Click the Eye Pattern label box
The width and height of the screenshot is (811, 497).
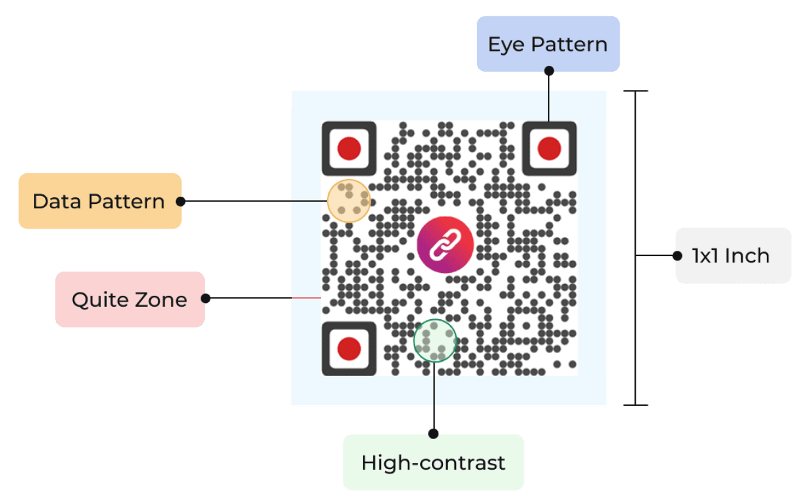tap(548, 44)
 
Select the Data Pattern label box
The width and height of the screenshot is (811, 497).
tap(99, 201)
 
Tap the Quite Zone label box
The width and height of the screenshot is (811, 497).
tap(130, 299)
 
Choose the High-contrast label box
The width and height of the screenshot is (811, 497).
tap(433, 462)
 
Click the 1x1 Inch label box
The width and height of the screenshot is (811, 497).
tap(733, 255)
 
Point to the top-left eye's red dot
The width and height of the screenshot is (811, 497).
tap(349, 149)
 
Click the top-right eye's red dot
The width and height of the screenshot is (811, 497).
tap(549, 149)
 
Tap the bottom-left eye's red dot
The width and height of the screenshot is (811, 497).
tap(349, 348)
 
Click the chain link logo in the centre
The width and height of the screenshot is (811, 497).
tap(445, 244)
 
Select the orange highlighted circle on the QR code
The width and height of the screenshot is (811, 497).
tap(349, 201)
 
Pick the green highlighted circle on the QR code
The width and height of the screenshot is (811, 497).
tap(435, 340)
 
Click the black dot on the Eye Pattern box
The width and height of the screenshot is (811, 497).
tap(548, 70)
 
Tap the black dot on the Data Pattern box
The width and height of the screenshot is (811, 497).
tap(181, 201)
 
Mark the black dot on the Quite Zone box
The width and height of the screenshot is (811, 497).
tap(206, 298)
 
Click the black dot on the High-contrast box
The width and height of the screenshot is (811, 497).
tap(434, 433)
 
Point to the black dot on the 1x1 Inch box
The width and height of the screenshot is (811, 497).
tap(677, 255)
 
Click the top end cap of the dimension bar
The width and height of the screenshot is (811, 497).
tap(636, 91)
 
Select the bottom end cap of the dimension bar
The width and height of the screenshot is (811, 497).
tap(636, 405)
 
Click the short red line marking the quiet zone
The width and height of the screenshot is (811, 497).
tap(306, 298)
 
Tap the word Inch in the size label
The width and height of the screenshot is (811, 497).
tap(747, 255)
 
